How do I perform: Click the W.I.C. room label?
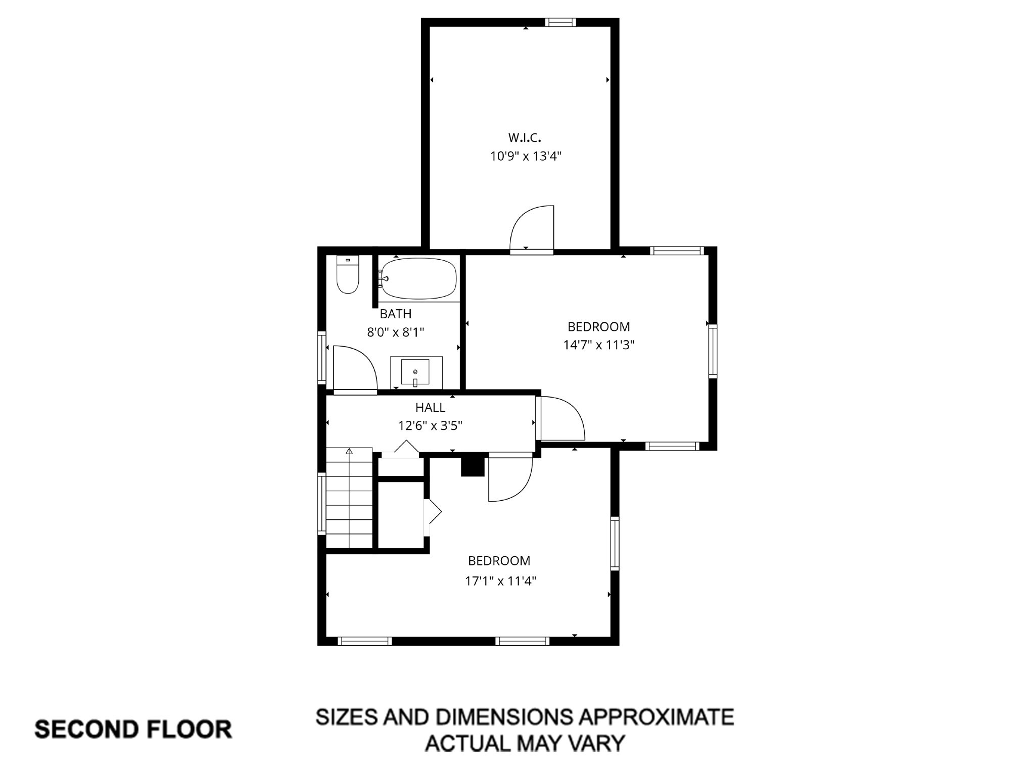[525, 137]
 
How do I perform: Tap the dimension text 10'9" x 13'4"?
[526, 156]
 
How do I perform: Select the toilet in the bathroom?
[348, 275]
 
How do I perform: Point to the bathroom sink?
[415, 372]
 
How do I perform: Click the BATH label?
[396, 314]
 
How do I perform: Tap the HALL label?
[430, 407]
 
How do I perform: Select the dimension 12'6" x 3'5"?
[430, 426]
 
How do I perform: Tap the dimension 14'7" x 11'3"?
[599, 345]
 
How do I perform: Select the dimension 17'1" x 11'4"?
[500, 581]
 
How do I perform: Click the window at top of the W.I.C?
[560, 22]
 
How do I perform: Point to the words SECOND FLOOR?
[133, 730]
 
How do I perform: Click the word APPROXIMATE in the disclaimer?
[656, 717]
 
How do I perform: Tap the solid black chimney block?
[473, 466]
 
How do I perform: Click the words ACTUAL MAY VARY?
[525, 743]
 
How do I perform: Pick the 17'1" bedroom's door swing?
[509, 479]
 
